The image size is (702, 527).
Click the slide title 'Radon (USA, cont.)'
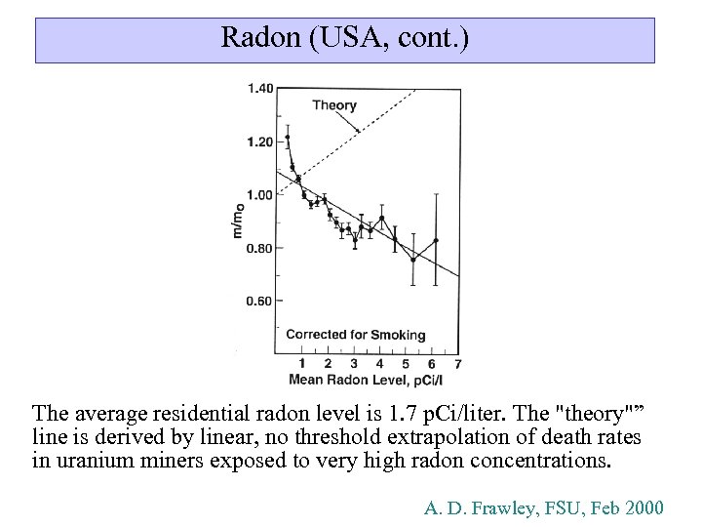(x=345, y=38)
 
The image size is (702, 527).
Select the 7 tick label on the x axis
(x=457, y=364)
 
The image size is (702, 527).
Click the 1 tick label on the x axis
(x=302, y=364)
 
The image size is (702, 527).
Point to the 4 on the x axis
(x=379, y=364)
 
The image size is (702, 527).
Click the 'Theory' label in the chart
(x=334, y=105)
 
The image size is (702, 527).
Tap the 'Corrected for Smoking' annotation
(x=356, y=335)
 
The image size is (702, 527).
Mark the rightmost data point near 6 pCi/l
(x=436, y=240)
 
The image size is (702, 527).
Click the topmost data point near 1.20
(x=288, y=138)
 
